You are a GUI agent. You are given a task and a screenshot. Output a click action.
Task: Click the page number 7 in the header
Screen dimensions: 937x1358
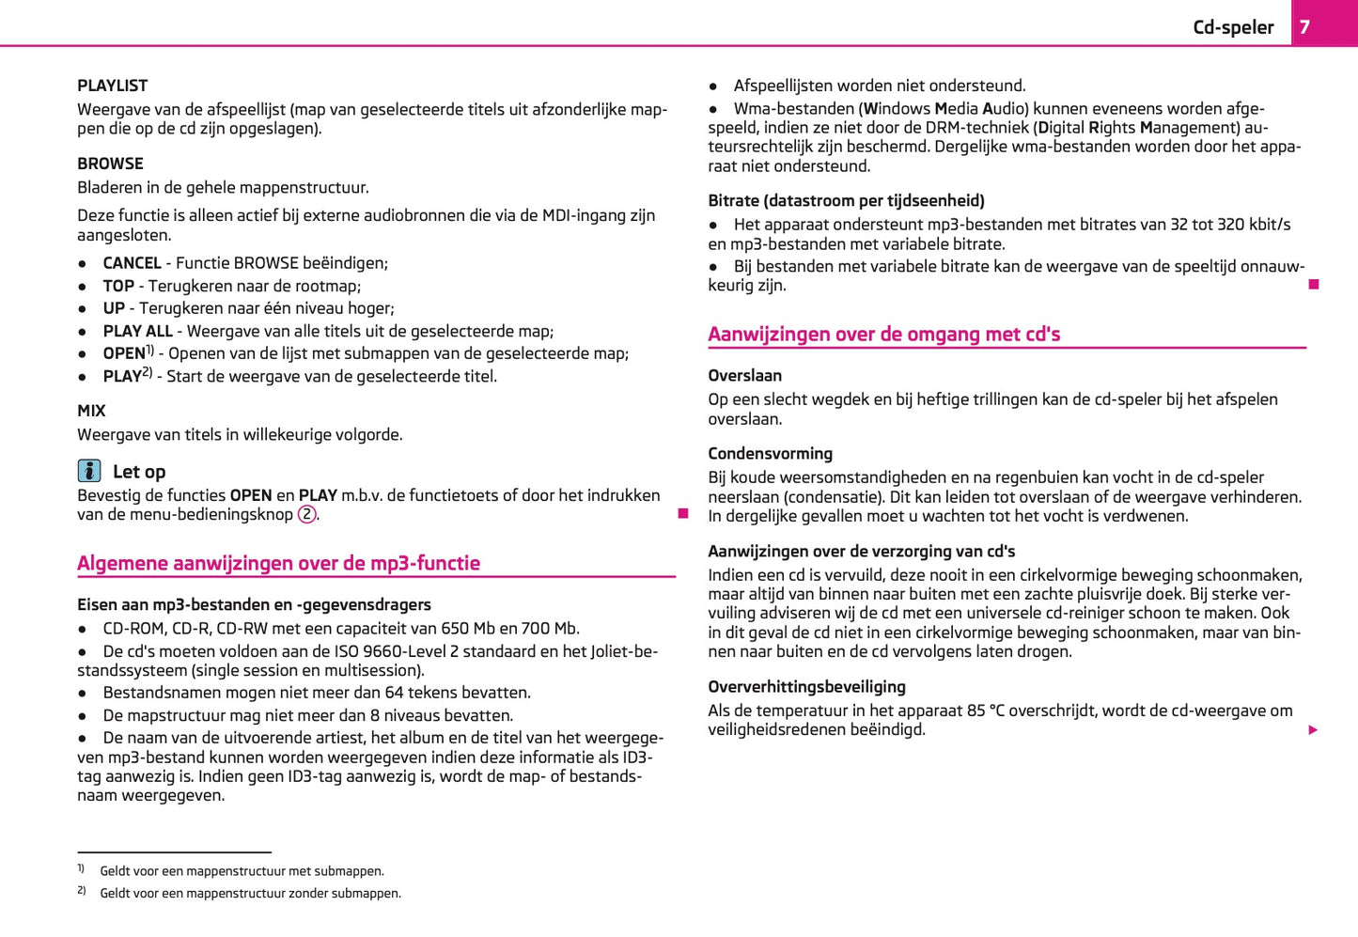click(x=1304, y=27)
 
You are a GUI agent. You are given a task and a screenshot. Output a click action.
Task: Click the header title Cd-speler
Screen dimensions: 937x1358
click(x=1233, y=27)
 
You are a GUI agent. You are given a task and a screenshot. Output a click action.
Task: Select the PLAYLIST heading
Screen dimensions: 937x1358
click(x=113, y=86)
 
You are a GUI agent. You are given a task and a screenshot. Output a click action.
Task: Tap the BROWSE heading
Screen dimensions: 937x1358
click(x=110, y=164)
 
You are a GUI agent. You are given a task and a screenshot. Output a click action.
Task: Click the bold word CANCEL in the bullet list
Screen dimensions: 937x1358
click(x=132, y=263)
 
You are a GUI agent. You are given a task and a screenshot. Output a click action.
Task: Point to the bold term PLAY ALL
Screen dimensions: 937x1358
click(x=137, y=331)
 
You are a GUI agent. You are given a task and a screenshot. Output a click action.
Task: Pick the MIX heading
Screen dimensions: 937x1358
click(x=91, y=411)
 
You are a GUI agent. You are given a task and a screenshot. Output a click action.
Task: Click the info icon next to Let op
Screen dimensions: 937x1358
click(x=89, y=471)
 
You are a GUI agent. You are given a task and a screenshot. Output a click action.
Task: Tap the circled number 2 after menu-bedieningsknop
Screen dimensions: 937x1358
click(x=307, y=515)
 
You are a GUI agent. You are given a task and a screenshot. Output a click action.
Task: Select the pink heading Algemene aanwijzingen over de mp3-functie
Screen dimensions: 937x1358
click(x=278, y=563)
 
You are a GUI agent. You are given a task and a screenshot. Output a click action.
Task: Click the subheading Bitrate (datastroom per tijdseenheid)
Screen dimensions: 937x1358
click(x=846, y=200)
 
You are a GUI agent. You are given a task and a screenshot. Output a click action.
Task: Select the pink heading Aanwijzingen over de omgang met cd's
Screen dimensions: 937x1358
click(x=883, y=334)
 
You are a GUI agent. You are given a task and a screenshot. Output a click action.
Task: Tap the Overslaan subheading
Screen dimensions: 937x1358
click(x=744, y=376)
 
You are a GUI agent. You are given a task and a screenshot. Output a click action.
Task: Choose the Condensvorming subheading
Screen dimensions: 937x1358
click(x=770, y=454)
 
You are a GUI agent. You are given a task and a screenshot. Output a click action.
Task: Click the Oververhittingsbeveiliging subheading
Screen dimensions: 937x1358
click(x=806, y=687)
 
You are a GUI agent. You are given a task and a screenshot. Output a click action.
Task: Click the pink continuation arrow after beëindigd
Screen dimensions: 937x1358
click(x=1313, y=730)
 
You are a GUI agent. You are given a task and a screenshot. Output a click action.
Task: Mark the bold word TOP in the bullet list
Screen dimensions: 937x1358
click(x=118, y=286)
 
